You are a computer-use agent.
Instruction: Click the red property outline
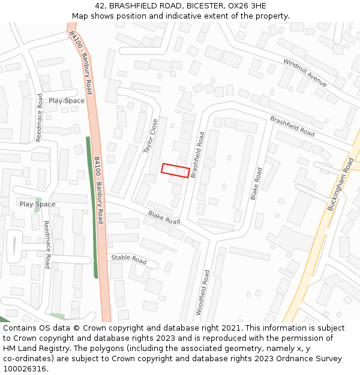pos(175,170)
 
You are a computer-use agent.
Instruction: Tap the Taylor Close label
pos(151,136)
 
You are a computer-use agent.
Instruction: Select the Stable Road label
pos(128,260)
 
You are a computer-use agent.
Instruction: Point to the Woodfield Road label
pos(202,292)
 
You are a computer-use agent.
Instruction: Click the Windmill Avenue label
pos(305,73)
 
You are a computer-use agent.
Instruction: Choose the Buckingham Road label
pos(340,184)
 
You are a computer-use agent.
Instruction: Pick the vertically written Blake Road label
pos(256,184)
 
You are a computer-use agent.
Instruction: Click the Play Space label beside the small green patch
pos(37,204)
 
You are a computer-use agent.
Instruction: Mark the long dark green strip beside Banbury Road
pos(92,207)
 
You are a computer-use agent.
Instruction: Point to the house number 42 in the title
pos(100,5)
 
